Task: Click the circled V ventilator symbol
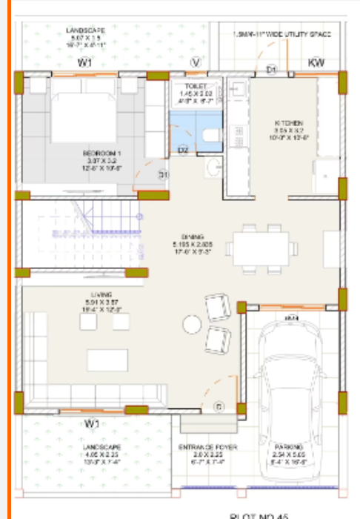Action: click(196, 62)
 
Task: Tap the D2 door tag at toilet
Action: click(184, 150)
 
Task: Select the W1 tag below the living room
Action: click(91, 424)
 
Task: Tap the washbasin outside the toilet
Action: click(213, 168)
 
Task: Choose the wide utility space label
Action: click(281, 34)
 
